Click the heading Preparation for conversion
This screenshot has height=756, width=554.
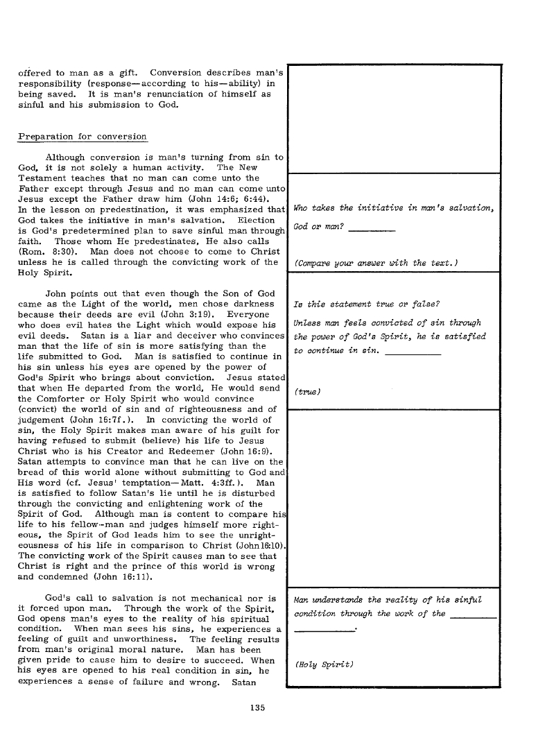point(82,136)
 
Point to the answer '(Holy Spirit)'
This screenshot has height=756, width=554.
point(324,664)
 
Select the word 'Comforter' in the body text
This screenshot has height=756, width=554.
point(69,400)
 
